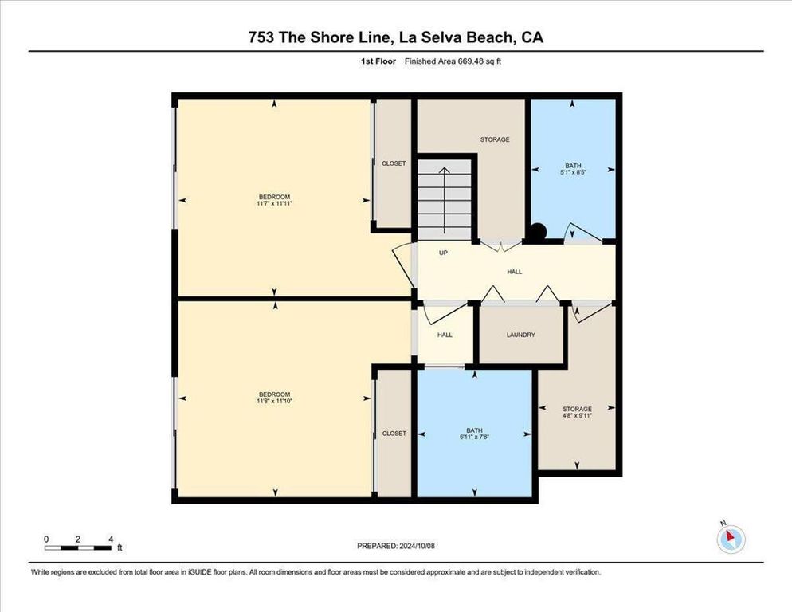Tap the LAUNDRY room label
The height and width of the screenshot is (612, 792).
(x=520, y=335)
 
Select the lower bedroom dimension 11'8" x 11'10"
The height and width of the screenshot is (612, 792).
(x=274, y=401)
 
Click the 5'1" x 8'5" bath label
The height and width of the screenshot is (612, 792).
(x=573, y=171)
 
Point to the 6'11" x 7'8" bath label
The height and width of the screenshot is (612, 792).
(x=475, y=437)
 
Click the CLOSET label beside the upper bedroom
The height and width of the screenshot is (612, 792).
(x=394, y=163)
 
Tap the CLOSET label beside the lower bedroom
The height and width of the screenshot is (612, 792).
(x=394, y=433)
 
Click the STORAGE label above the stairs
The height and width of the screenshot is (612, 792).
(x=494, y=139)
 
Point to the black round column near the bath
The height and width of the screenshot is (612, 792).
(x=538, y=231)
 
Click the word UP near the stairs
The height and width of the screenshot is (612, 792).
(x=444, y=253)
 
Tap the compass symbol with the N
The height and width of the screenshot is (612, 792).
(x=730, y=539)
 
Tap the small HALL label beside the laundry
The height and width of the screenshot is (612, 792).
(x=445, y=335)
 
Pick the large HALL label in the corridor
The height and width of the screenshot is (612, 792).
(x=515, y=272)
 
